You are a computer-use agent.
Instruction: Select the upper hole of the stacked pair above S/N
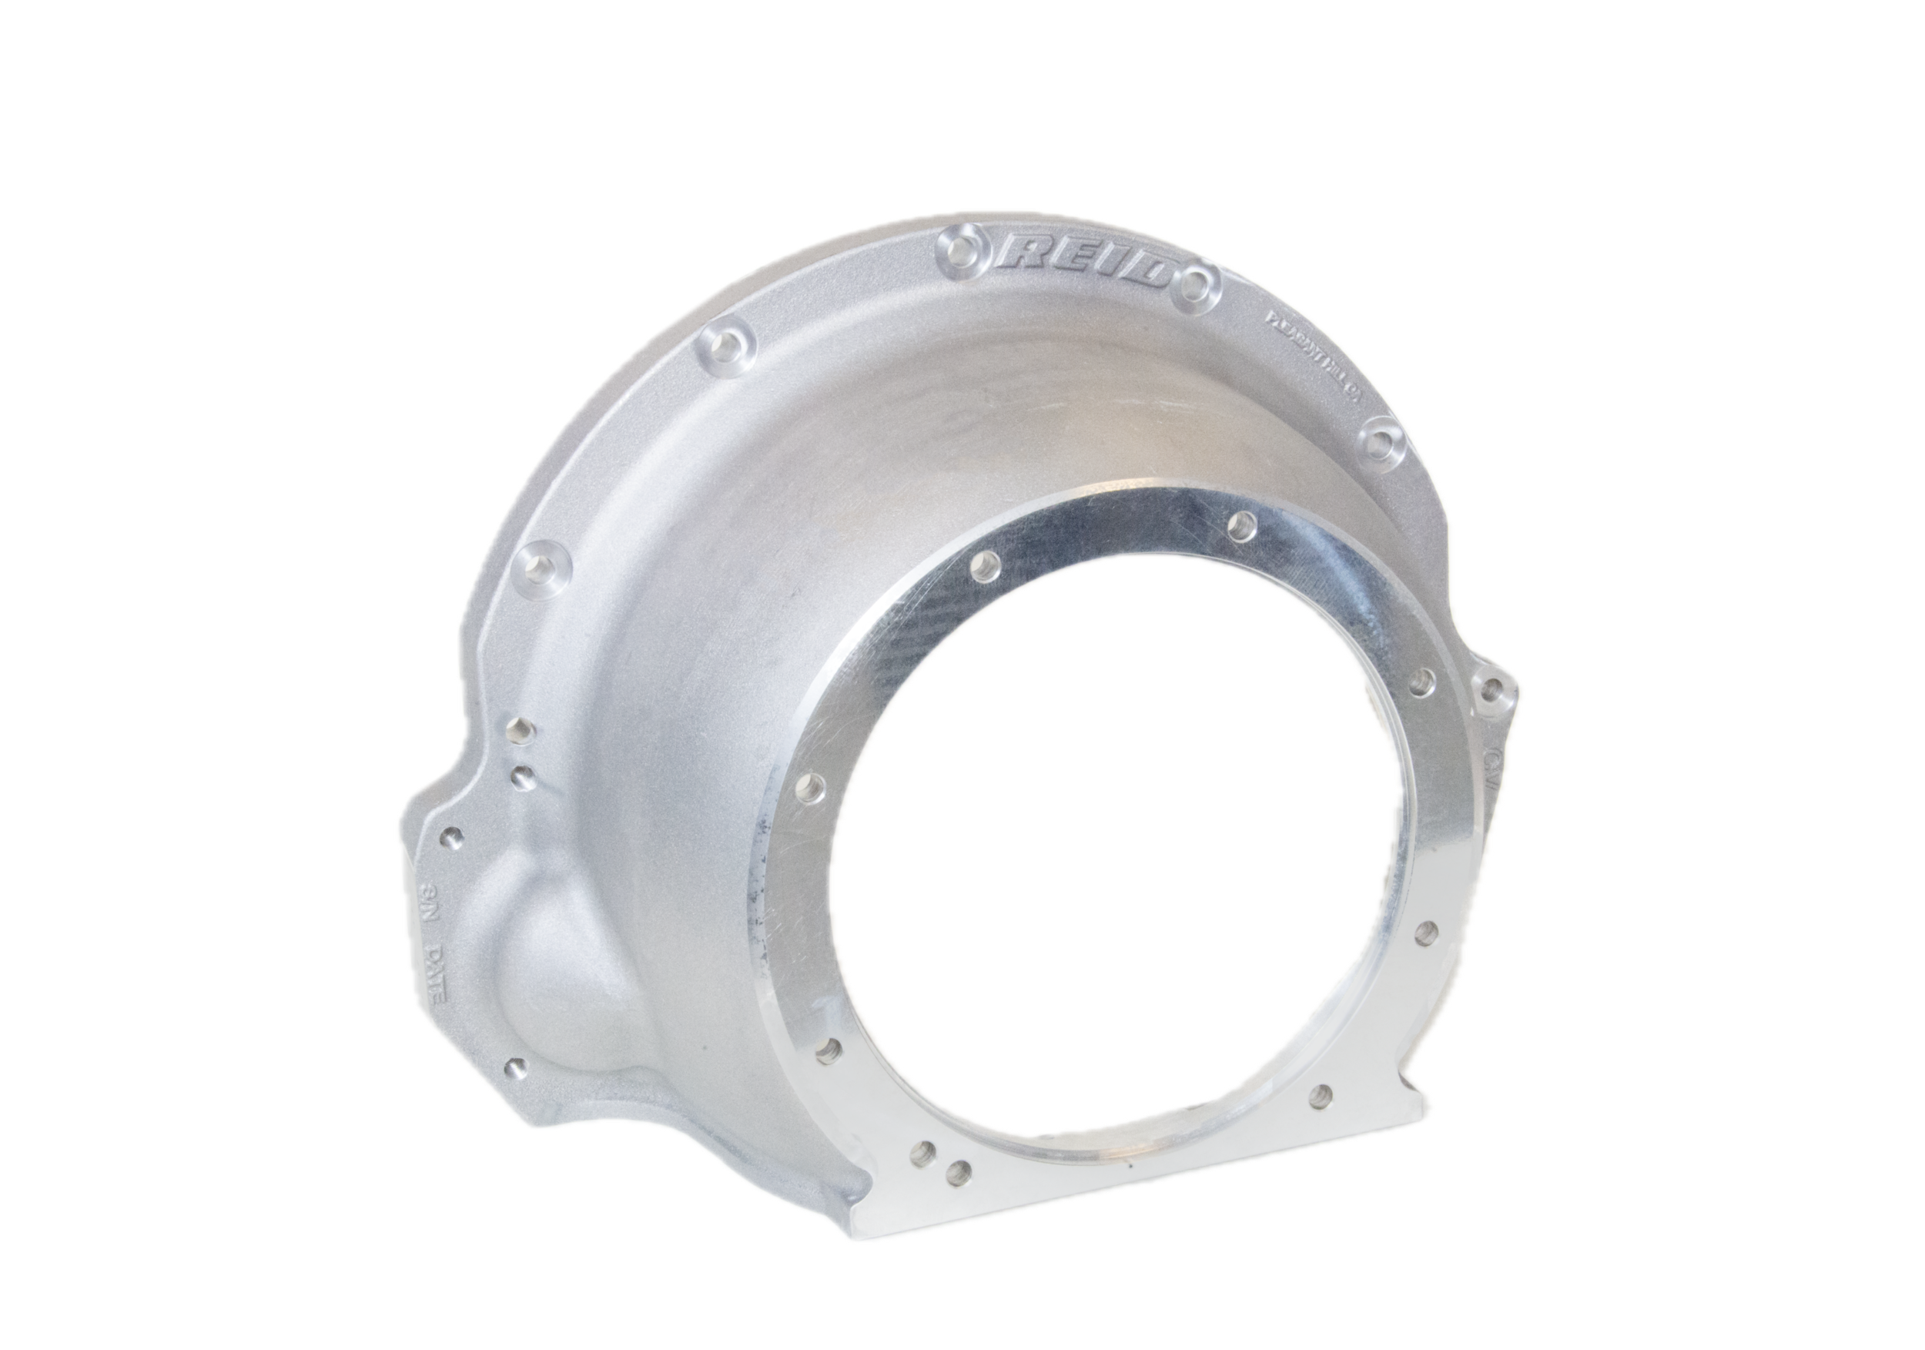tap(521, 729)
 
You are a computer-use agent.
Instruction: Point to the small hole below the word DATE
tap(516, 1067)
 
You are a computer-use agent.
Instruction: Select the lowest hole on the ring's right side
tap(1322, 1093)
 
